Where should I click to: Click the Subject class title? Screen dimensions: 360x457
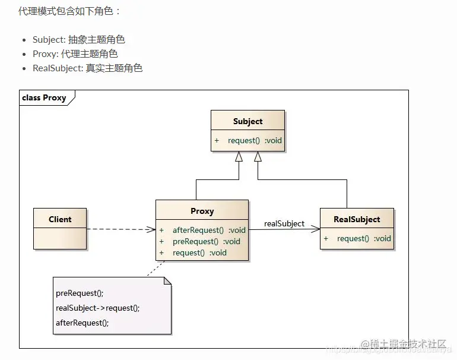pos(247,121)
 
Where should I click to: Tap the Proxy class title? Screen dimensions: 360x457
pos(202,211)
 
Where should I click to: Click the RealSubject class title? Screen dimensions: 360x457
pos(357,219)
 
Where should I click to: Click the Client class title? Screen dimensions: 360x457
pos(60,219)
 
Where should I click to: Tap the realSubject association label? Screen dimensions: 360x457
pos(284,224)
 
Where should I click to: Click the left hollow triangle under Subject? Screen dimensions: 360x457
pos(239,157)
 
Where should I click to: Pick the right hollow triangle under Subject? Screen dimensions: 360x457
pos(258,157)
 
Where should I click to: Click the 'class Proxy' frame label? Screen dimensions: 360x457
pos(45,97)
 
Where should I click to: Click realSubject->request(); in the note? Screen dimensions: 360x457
pos(98,308)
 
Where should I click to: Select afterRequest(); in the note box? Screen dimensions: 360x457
pos(82,323)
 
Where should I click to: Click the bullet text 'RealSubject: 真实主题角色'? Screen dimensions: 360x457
pos(87,68)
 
